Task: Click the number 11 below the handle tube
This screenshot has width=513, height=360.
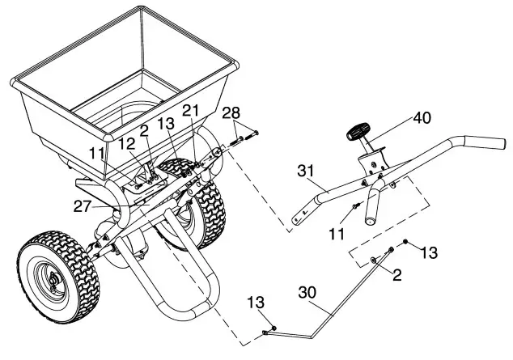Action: (337, 233)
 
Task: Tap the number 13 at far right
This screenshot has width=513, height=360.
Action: (428, 252)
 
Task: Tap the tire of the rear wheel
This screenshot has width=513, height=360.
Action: (206, 202)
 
